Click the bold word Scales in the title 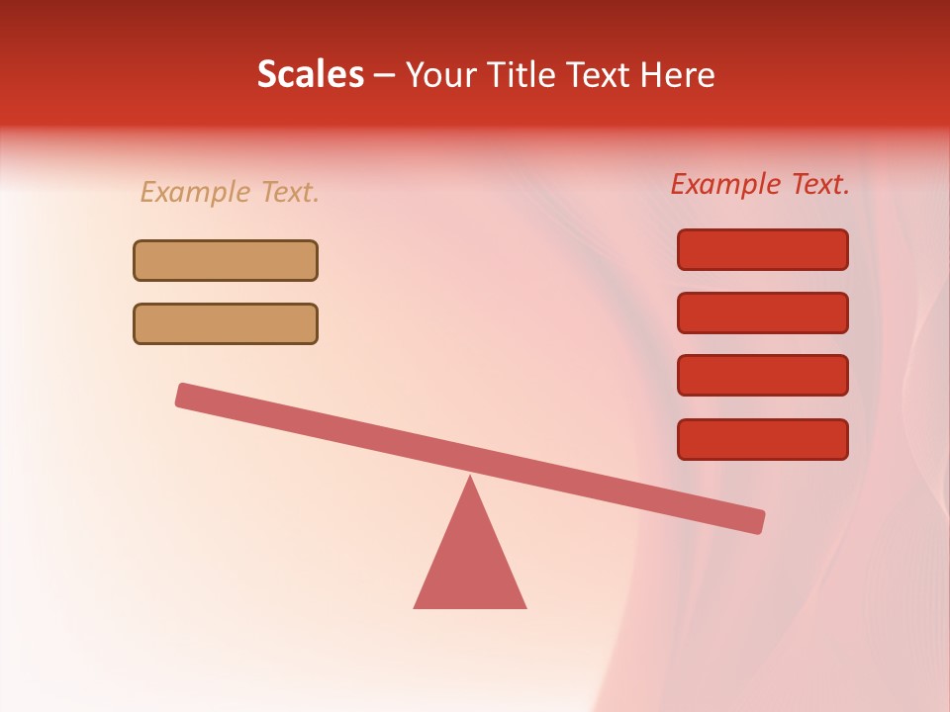tap(311, 74)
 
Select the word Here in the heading tap(678, 74)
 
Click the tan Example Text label tap(230, 192)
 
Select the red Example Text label tap(760, 184)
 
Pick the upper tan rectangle tap(226, 260)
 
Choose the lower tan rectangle tap(226, 323)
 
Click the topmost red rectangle tap(763, 249)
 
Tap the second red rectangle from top tap(763, 312)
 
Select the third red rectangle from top tap(763, 376)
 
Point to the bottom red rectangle tap(763, 439)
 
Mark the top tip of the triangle tap(470, 480)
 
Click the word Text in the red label tap(819, 184)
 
